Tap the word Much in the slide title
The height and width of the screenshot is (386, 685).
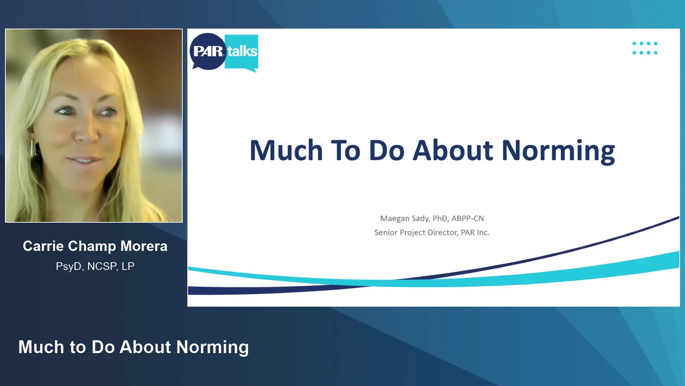tap(286, 150)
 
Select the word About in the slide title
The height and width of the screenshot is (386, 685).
tap(453, 150)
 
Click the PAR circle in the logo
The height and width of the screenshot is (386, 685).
tap(208, 51)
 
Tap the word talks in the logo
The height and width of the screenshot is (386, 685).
tap(242, 51)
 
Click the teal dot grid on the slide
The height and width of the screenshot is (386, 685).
tap(645, 48)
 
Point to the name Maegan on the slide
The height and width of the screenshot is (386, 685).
tap(395, 218)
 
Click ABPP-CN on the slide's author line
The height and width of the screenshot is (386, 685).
tap(468, 218)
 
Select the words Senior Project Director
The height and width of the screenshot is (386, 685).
tap(416, 233)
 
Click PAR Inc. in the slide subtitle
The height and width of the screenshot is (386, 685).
tap(475, 233)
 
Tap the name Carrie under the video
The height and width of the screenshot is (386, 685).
tap(43, 246)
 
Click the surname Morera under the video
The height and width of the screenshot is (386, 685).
tap(144, 246)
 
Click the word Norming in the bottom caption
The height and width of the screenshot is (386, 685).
tap(213, 347)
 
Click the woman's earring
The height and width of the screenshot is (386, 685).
tap(33, 148)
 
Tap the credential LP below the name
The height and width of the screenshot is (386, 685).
tap(128, 266)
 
